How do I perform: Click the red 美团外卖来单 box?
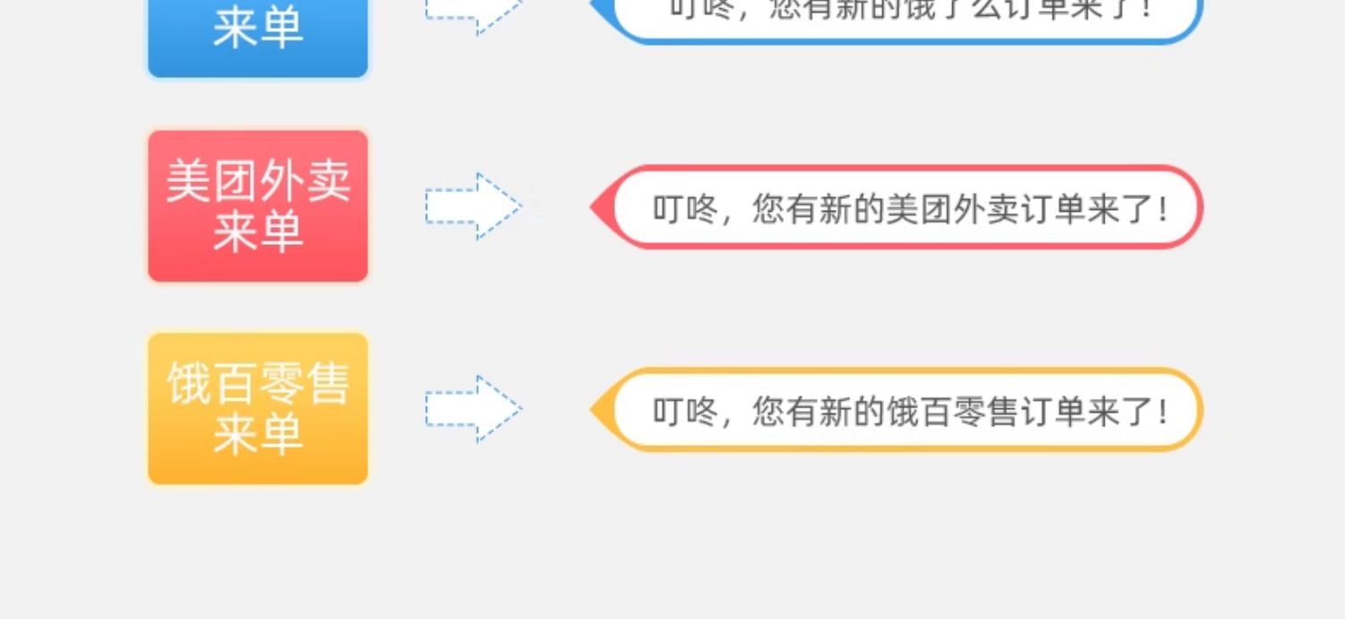[x=258, y=206]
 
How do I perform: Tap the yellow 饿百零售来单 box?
[x=258, y=409]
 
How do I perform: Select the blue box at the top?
[x=258, y=36]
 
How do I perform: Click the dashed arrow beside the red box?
[x=473, y=206]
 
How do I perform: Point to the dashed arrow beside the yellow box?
[x=473, y=409]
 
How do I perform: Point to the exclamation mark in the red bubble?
[x=1163, y=209]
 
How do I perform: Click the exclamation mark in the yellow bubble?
[x=1163, y=412]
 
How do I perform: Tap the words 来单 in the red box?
[x=258, y=233]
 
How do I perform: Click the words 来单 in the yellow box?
[x=258, y=436]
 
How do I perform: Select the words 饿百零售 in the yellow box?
[x=258, y=384]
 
